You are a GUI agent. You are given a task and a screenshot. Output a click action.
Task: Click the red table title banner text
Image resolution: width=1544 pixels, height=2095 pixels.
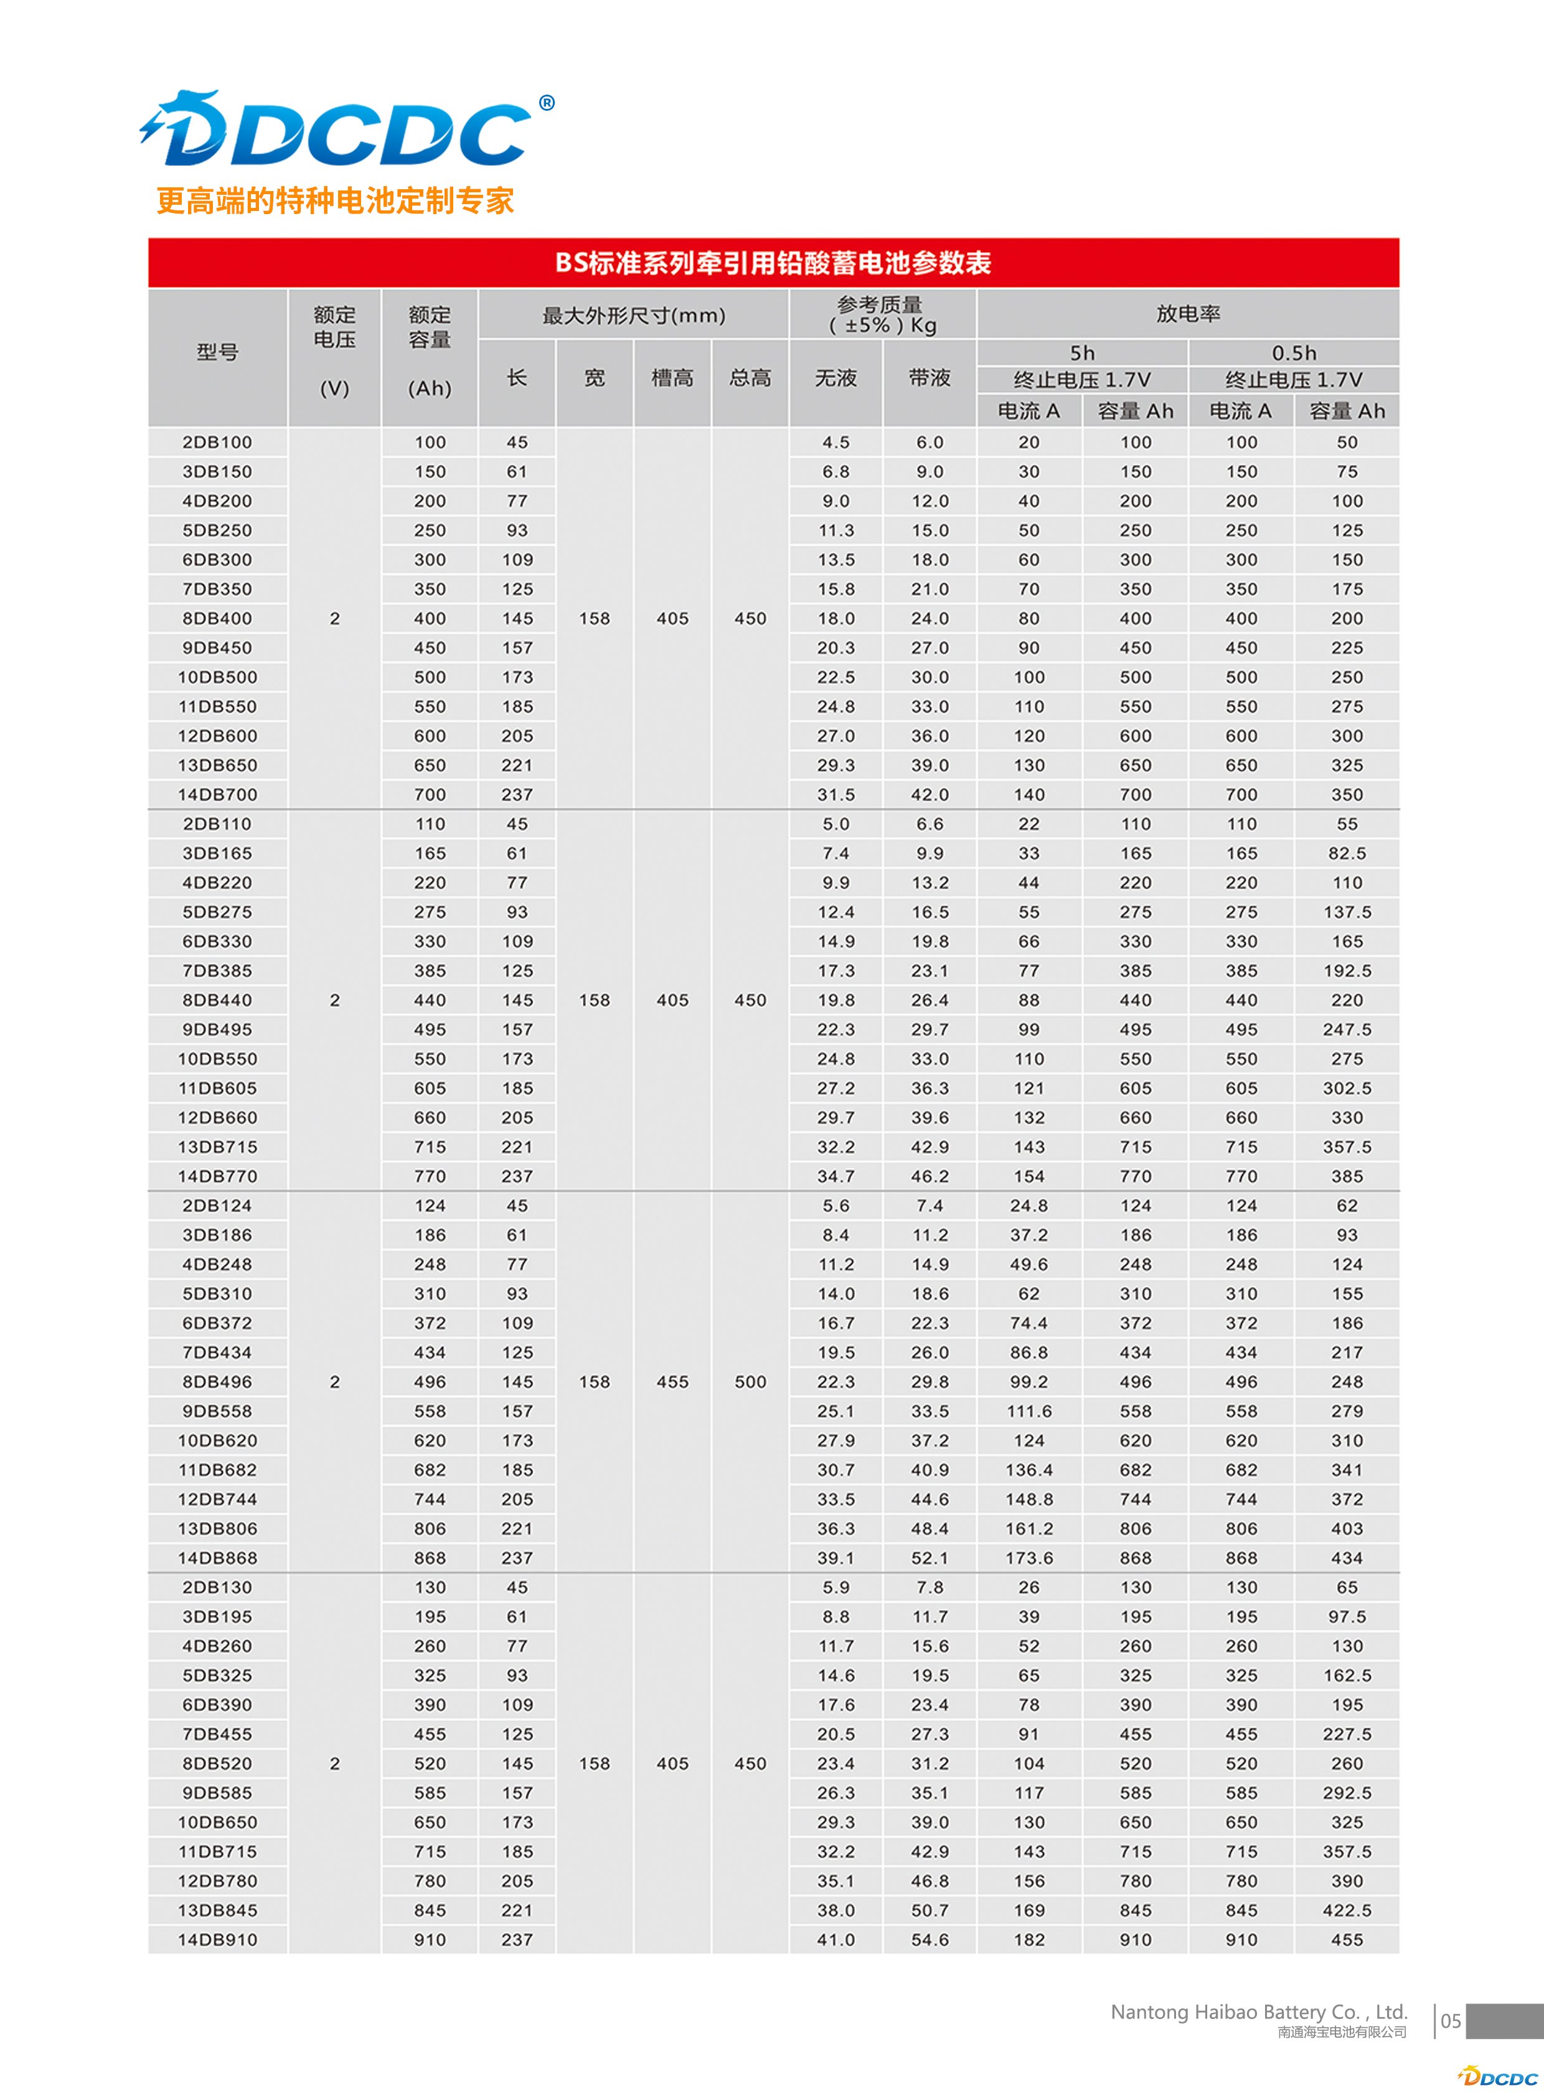click(773, 263)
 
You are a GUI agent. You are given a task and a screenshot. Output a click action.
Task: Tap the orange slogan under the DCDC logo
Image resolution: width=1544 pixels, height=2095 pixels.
click(334, 200)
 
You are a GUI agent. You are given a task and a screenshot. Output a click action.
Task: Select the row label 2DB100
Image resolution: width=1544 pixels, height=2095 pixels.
click(217, 442)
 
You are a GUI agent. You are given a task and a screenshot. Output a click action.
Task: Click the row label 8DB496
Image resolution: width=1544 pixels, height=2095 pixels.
click(217, 1381)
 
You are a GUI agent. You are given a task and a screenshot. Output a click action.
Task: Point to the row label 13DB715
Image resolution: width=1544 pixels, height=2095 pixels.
click(217, 1146)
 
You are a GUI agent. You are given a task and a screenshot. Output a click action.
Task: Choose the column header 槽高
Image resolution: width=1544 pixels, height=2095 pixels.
click(672, 378)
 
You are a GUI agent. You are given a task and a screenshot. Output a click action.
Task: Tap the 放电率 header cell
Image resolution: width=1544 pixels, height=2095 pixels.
click(1187, 314)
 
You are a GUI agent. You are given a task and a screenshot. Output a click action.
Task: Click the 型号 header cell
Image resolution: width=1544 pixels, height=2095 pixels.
click(217, 352)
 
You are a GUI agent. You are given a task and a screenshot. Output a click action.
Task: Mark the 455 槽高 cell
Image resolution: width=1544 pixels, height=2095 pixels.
click(672, 1381)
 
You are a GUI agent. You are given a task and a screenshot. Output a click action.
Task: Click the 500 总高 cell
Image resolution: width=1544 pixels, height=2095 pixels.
click(750, 1381)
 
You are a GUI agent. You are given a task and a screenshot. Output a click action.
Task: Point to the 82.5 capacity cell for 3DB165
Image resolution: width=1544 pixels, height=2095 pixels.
click(1346, 853)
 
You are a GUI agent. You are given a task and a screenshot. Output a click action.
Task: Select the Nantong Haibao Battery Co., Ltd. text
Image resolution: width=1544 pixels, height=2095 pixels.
click(1258, 2012)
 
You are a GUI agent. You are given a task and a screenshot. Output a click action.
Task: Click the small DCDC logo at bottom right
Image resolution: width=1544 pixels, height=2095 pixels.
click(1497, 2077)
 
